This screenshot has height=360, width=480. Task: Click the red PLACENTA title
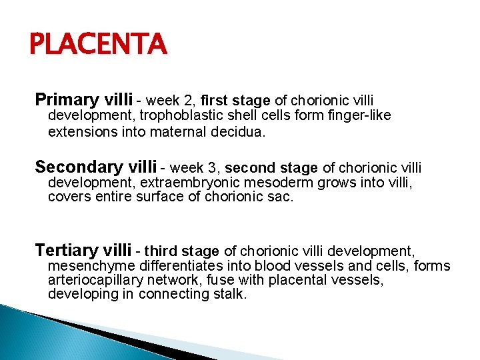pos(98,45)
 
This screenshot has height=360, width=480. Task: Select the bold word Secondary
pos(74,166)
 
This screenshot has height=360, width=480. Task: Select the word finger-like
pos(359,116)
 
